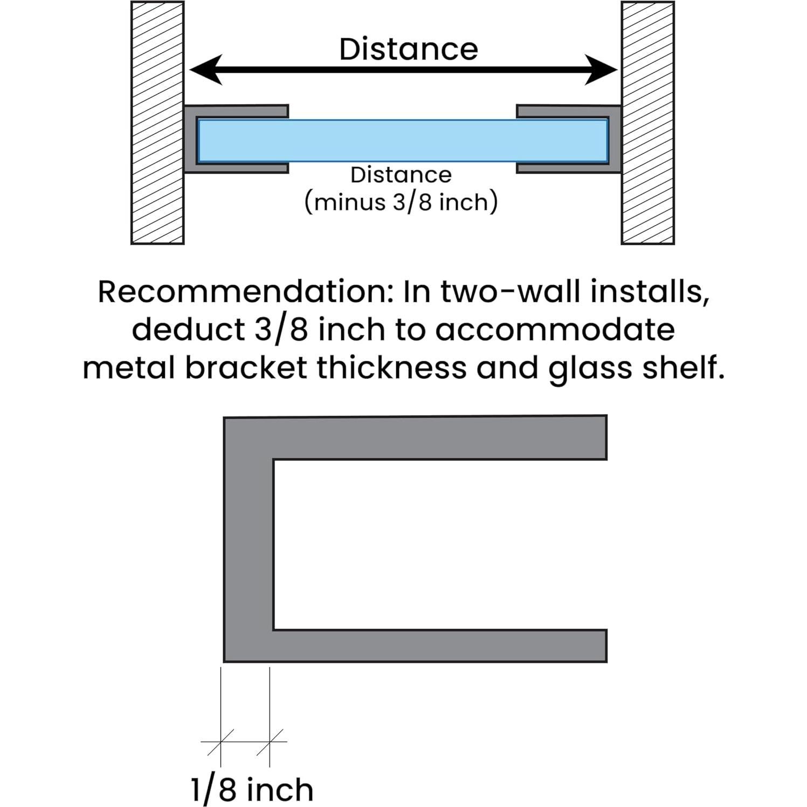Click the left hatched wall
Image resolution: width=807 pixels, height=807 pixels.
pos(157,123)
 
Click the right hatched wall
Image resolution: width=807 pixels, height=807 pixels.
pos(647,123)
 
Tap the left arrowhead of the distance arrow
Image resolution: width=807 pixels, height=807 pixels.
pos(206,70)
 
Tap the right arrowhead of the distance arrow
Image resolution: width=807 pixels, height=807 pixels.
pos(601,70)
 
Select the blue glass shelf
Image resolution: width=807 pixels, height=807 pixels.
pos(403,141)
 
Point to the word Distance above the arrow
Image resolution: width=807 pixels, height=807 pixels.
pos(409,49)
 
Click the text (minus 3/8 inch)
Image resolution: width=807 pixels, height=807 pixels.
pos(401,203)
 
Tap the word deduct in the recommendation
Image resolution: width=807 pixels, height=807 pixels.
pos(189,329)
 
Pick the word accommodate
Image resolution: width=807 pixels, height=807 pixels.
pos(555,330)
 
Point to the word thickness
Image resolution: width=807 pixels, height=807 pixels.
pos(392,368)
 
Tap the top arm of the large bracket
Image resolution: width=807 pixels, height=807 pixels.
pos(415,438)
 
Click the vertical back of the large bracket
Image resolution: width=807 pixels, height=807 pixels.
pos(249,539)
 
